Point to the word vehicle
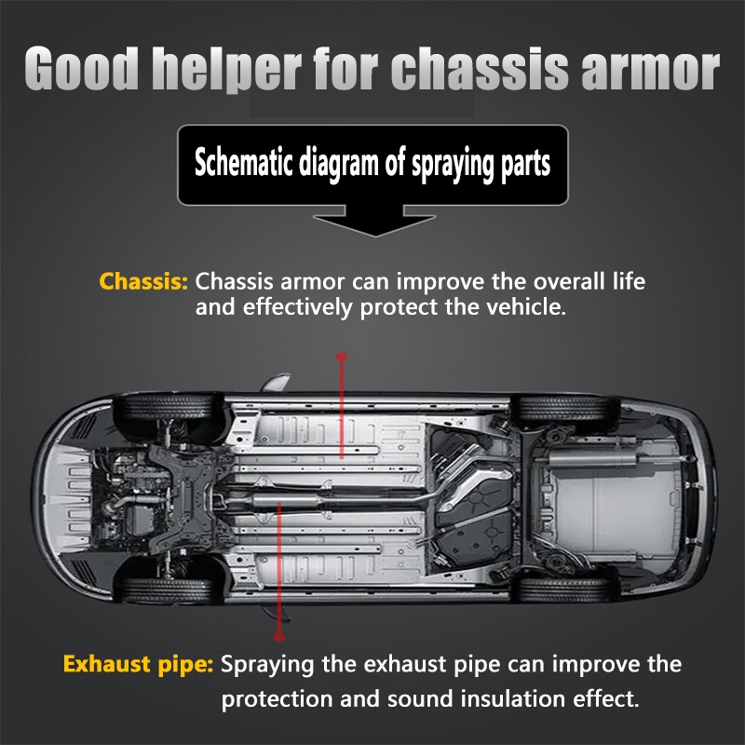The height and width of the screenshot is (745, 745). tap(529, 306)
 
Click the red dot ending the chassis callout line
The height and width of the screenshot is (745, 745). tap(342, 357)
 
